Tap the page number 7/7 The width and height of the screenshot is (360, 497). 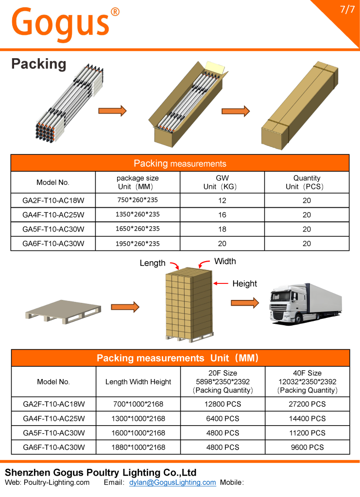[x=347, y=10]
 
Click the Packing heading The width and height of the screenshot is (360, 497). [x=38, y=64]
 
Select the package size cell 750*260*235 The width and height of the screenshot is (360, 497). [x=137, y=200]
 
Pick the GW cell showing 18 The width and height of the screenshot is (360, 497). [x=222, y=229]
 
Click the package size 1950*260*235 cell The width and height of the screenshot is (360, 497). [x=137, y=244]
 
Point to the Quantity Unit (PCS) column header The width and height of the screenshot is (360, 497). [x=307, y=182]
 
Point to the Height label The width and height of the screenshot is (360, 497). [x=244, y=284]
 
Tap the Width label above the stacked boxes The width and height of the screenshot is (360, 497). [x=225, y=261]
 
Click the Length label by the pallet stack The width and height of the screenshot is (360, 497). [x=153, y=263]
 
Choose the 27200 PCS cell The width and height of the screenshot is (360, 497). [x=308, y=404]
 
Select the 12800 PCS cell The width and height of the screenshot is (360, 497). [x=223, y=404]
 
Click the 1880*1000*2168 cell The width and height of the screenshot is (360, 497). [x=138, y=447]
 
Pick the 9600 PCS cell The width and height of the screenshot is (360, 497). [x=308, y=447]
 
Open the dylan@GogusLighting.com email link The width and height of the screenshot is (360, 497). [x=172, y=482]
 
